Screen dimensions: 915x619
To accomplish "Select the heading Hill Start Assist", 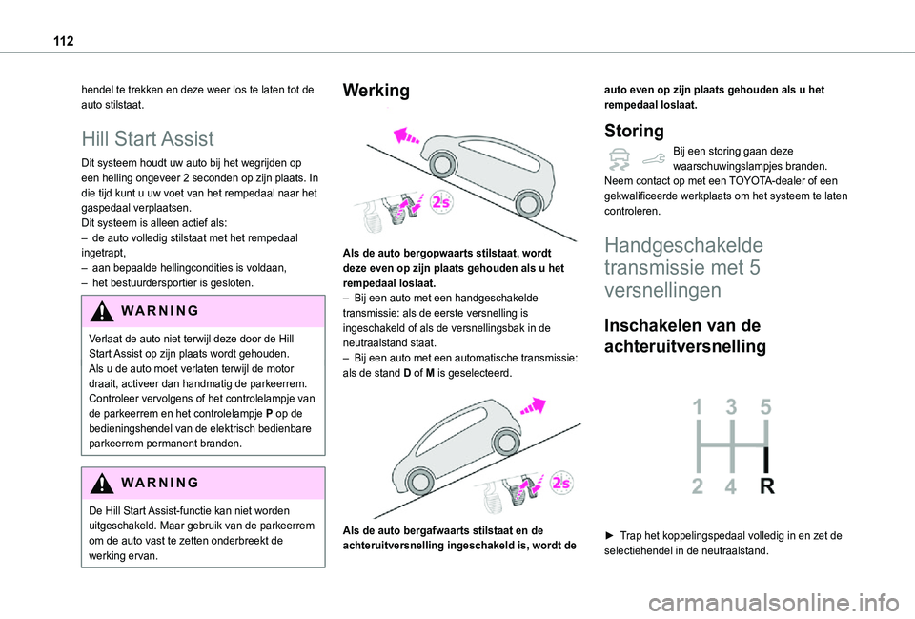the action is (148, 138).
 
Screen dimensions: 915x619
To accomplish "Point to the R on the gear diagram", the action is (765, 487).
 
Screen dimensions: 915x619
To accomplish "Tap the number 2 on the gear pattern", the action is (699, 487).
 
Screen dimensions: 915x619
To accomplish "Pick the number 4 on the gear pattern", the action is (731, 487).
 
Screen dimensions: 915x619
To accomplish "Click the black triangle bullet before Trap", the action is (610, 536).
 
